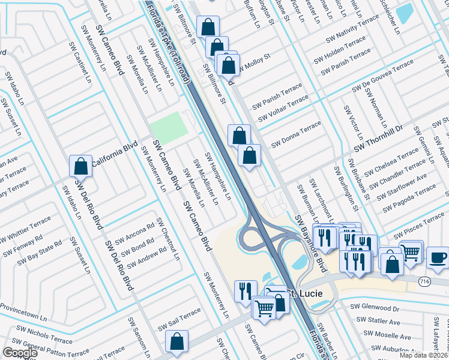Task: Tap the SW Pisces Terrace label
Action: [421, 226]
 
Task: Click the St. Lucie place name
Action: [303, 293]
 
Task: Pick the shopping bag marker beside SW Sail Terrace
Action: [178, 341]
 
